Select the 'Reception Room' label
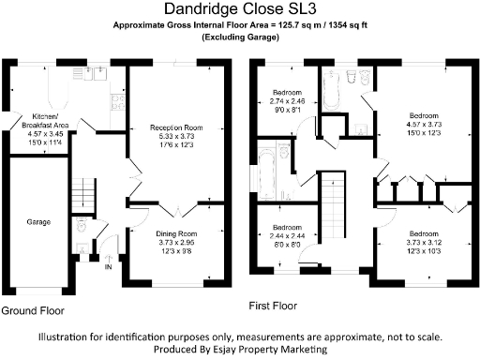tap(177, 128)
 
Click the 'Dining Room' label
tap(175, 232)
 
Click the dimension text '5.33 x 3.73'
tap(177, 137)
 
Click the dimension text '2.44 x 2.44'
tap(287, 235)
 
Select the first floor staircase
tap(333, 202)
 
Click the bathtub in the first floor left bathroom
tap(262, 169)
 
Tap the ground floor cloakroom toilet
tap(82, 226)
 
